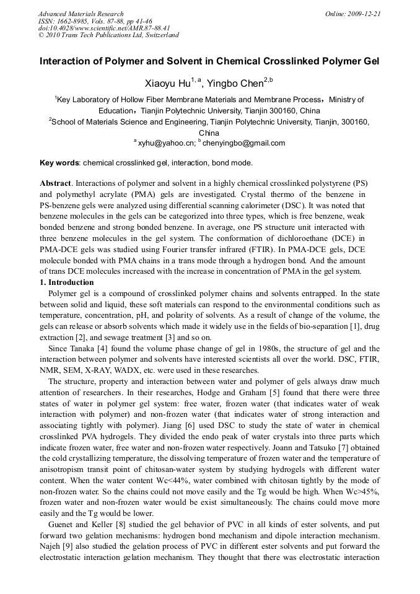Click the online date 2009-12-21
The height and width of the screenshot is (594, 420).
(364, 13)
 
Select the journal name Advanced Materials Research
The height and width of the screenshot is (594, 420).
(81, 13)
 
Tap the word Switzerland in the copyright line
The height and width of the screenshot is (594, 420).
(159, 35)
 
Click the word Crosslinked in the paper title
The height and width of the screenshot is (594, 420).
(307, 62)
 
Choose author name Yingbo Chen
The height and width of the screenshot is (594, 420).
(241, 84)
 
